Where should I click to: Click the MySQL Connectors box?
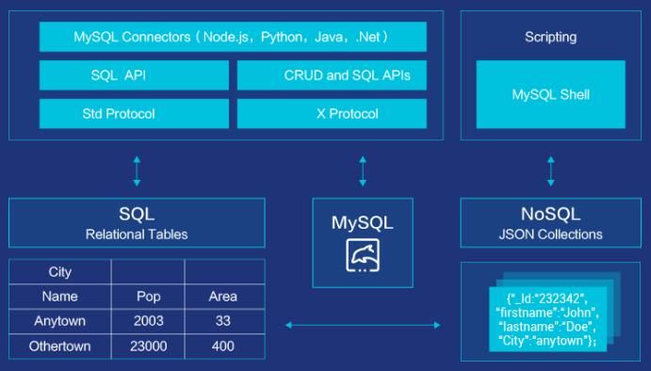click(x=233, y=38)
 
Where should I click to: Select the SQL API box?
click(x=134, y=75)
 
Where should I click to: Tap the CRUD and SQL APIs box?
click(x=333, y=75)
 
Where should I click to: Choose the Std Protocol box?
click(x=134, y=114)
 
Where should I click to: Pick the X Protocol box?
click(x=333, y=114)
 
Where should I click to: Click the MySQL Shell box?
click(x=550, y=95)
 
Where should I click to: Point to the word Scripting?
click(x=550, y=38)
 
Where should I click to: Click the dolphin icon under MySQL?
click(x=363, y=255)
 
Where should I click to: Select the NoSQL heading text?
click(x=550, y=214)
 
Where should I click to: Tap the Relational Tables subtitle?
click(x=137, y=234)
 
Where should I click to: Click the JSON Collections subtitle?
click(x=550, y=234)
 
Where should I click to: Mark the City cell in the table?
click(x=60, y=272)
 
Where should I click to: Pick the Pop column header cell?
click(x=148, y=297)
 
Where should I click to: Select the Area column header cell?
click(x=223, y=297)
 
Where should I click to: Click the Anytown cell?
click(x=60, y=321)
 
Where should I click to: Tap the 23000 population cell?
click(x=148, y=346)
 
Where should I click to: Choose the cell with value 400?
click(x=223, y=346)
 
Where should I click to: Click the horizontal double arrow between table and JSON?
click(x=363, y=325)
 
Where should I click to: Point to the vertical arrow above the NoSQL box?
click(x=550, y=171)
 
